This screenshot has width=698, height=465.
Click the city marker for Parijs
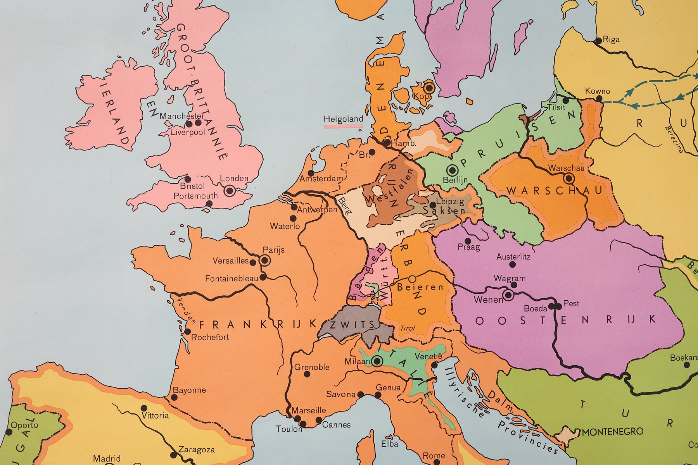[265, 260]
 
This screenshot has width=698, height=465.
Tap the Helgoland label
[343, 119]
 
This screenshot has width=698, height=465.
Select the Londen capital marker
[229, 191]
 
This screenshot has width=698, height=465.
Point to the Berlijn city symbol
[452, 170]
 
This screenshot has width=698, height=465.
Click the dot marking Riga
[599, 40]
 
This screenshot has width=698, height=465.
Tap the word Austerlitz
[513, 257]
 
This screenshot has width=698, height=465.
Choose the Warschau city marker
[569, 178]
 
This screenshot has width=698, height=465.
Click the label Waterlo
[285, 226]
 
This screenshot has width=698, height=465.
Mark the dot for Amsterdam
[311, 173]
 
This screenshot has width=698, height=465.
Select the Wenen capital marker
[508, 296]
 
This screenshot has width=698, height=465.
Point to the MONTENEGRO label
[612, 431]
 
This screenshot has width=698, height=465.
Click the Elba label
[389, 444]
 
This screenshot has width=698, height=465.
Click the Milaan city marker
[377, 362]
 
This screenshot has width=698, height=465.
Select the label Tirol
[407, 328]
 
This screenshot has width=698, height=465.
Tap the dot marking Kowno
[599, 98]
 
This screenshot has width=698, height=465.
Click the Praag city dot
[468, 241]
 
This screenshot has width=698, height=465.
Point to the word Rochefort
[210, 337]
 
